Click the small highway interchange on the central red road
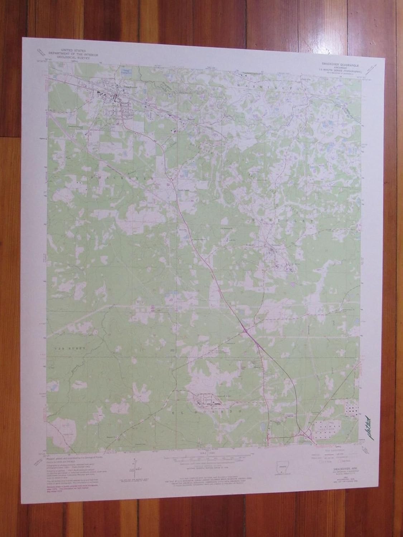[246, 332]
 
